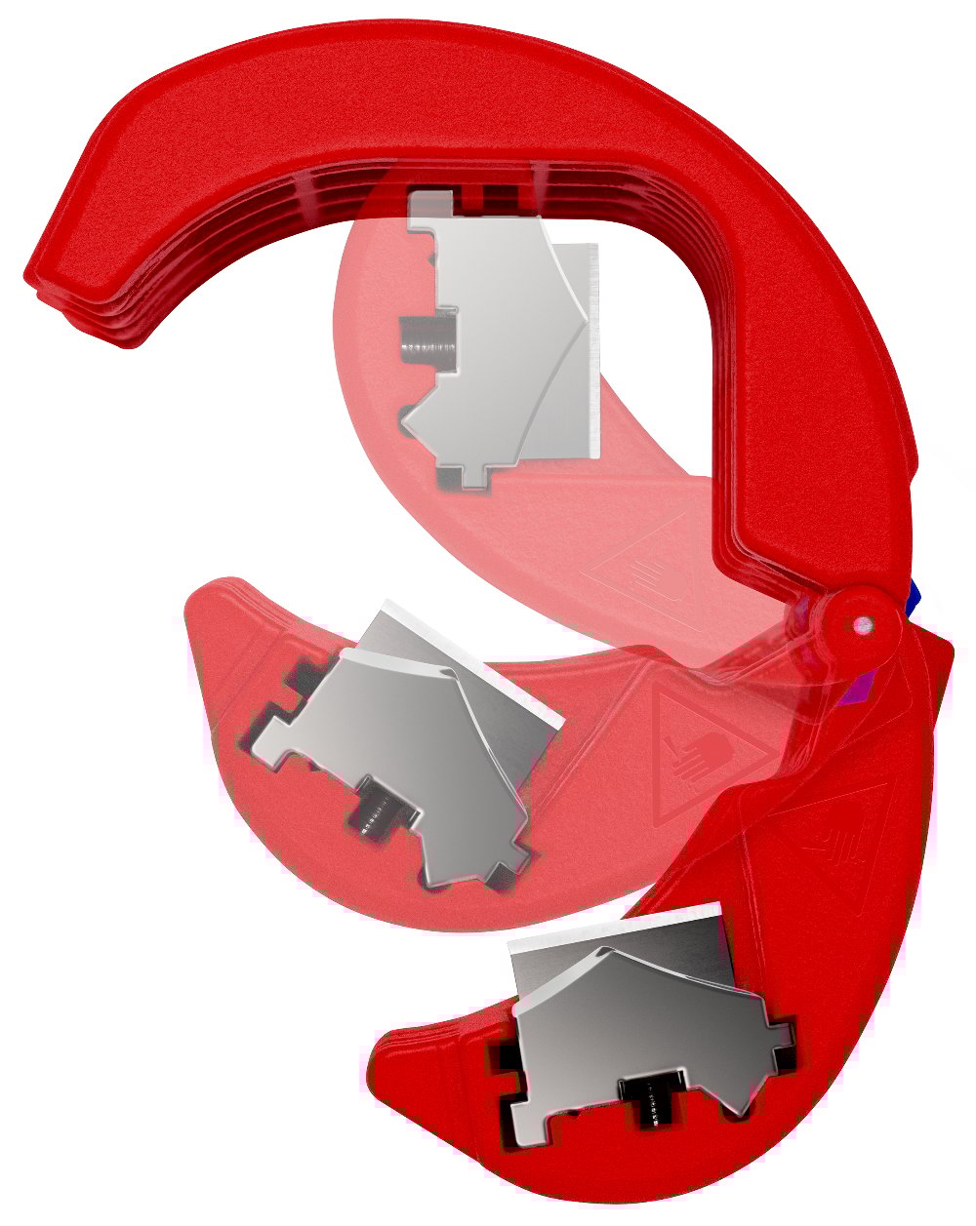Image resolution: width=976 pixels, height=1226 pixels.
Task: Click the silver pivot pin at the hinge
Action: (x=861, y=621)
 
